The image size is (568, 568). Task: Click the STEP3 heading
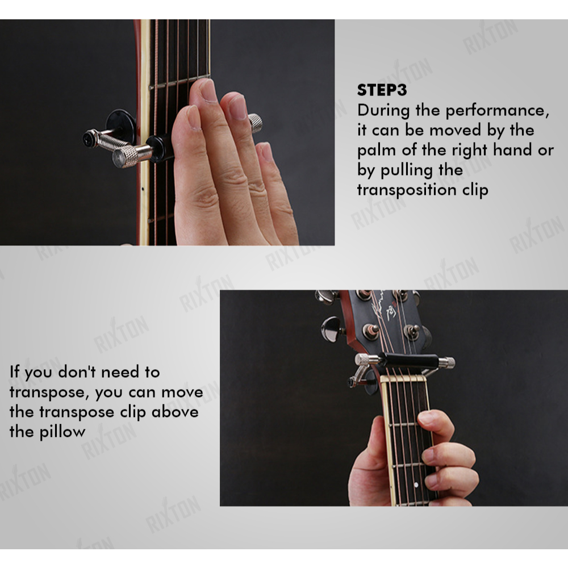(382, 90)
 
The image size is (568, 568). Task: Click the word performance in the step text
(497, 111)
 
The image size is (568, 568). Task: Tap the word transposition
(407, 190)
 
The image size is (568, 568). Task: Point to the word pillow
(62, 432)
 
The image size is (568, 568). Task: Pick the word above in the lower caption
(175, 412)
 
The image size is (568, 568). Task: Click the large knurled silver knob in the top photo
(126, 157)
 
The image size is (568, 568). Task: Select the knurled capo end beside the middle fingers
(256, 123)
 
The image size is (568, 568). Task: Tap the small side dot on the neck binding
(143, 189)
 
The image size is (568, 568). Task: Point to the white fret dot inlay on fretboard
(416, 485)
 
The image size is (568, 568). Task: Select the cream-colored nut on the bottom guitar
(403, 378)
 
